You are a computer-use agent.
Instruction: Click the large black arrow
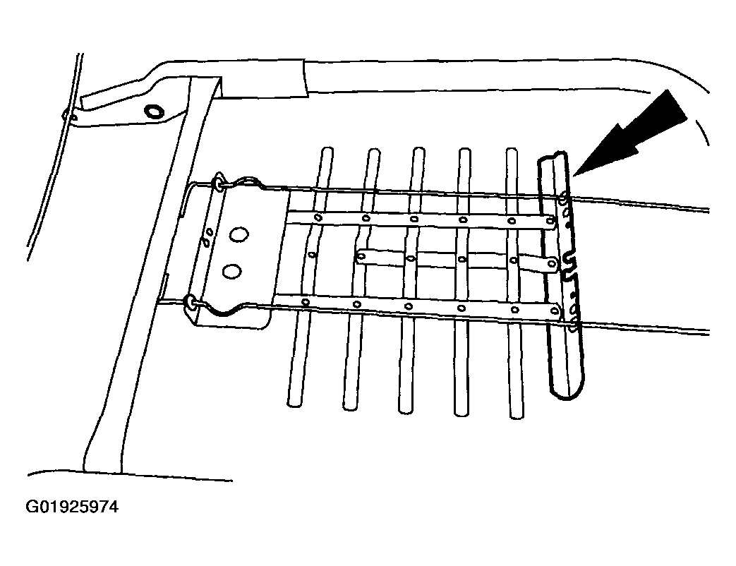point(629,134)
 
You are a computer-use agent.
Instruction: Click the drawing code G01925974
point(72,507)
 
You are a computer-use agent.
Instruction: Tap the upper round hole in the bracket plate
point(239,235)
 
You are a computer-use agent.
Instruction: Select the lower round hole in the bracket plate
point(232,271)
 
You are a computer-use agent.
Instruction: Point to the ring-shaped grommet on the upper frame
point(154,112)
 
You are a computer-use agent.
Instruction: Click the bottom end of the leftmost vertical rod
point(294,403)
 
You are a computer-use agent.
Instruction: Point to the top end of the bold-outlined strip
point(553,157)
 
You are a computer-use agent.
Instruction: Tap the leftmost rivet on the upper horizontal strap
point(318,217)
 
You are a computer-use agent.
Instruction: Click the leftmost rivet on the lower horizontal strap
point(306,301)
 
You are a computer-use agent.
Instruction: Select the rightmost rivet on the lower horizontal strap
point(555,311)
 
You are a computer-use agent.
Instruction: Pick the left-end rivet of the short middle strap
point(361,256)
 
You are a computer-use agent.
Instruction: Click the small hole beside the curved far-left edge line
point(72,116)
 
